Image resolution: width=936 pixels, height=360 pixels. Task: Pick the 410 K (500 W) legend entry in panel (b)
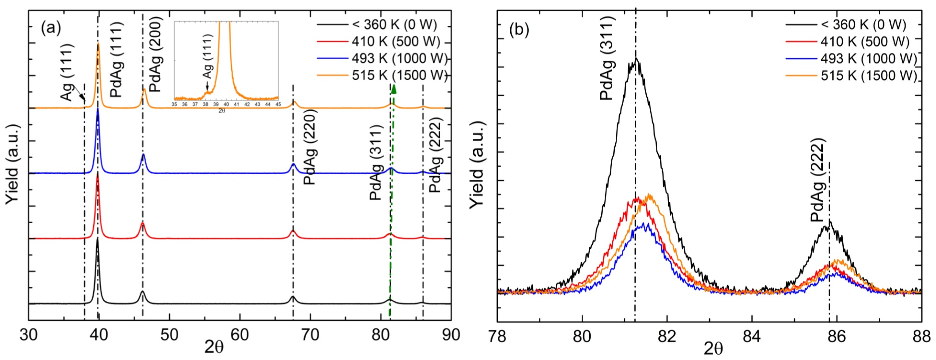tap(865, 42)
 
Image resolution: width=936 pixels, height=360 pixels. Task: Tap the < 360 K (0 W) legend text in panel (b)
tap(863, 25)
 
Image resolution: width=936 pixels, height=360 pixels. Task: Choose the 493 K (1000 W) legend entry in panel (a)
tap(399, 59)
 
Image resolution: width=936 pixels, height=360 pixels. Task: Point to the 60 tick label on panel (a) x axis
tap(240, 335)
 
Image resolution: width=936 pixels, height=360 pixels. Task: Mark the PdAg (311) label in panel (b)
tap(607, 58)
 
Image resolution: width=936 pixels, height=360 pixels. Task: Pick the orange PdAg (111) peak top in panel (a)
tap(98, 44)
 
